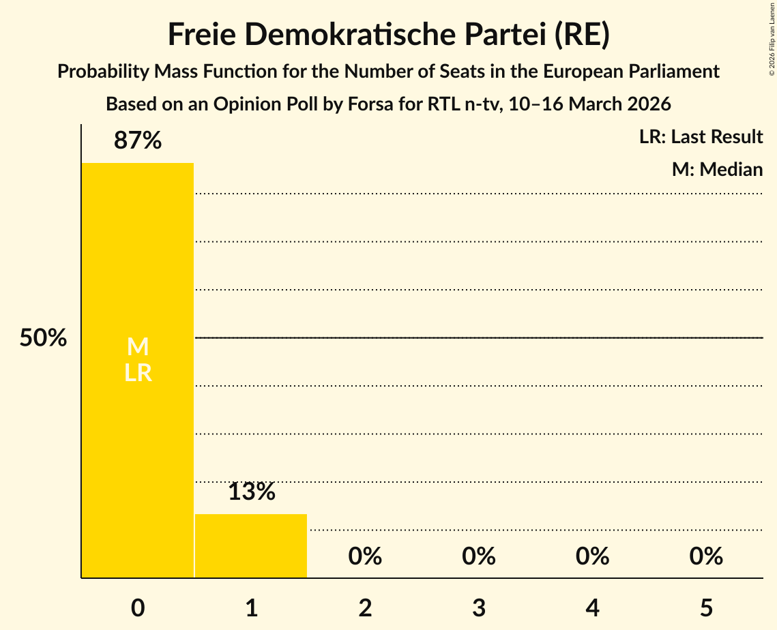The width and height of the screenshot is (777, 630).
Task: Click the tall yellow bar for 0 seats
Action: tap(138, 443)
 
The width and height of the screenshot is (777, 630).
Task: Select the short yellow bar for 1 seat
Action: tap(251, 545)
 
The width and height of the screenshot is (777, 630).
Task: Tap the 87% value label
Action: tap(138, 141)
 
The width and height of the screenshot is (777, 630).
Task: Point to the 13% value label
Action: tap(251, 492)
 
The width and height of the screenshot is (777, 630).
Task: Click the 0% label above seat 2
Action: tap(365, 556)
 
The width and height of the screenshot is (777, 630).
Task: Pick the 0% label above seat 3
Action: tap(479, 556)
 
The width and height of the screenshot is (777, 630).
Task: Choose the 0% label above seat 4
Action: tap(592, 556)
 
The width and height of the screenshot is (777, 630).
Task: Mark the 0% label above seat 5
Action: tap(706, 556)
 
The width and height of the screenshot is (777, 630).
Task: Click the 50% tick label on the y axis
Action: tap(43, 338)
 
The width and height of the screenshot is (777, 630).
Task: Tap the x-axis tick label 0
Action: tap(138, 608)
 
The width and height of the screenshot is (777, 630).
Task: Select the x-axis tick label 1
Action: tap(251, 608)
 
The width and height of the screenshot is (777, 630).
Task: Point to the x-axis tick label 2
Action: tap(365, 608)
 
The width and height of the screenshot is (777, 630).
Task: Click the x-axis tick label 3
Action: tap(479, 608)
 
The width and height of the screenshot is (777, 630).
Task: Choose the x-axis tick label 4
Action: tap(592, 608)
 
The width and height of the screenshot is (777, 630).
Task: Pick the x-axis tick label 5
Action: tap(706, 608)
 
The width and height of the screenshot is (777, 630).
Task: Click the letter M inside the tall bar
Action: tap(138, 347)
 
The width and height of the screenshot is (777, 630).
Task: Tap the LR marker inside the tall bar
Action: tap(138, 373)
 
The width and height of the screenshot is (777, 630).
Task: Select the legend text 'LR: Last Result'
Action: tap(701, 137)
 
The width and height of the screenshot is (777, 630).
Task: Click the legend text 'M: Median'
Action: tap(717, 169)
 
